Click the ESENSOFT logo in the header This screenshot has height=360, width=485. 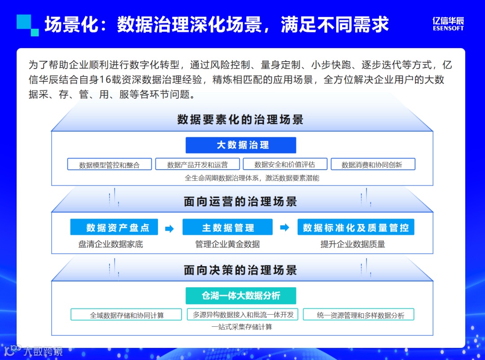pyautogui.click(x=448, y=24)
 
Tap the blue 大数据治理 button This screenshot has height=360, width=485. pyautogui.click(x=241, y=145)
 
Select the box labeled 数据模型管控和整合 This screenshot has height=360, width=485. pyautogui.click(x=110, y=164)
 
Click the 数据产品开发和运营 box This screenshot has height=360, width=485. pyautogui.click(x=197, y=164)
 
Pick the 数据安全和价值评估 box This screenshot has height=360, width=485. pyautogui.click(x=284, y=164)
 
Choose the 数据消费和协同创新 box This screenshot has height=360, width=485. pyautogui.click(x=372, y=164)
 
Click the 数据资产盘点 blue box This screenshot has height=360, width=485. pyautogui.click(x=114, y=228)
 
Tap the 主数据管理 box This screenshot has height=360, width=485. pyautogui.click(x=227, y=228)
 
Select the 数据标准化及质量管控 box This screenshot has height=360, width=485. pyautogui.click(x=356, y=228)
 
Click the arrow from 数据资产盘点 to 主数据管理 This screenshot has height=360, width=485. pyautogui.click(x=169, y=228)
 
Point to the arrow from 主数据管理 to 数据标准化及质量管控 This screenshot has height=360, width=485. pyautogui.click(x=285, y=228)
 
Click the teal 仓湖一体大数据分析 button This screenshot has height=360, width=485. pyautogui.click(x=241, y=295)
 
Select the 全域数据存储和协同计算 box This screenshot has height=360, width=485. pyautogui.click(x=126, y=315)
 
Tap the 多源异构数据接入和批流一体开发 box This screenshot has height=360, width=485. pyautogui.click(x=243, y=315)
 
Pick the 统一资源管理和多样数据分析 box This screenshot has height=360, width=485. pyautogui.click(x=358, y=315)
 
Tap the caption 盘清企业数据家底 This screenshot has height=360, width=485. pyautogui.click(x=110, y=245)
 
